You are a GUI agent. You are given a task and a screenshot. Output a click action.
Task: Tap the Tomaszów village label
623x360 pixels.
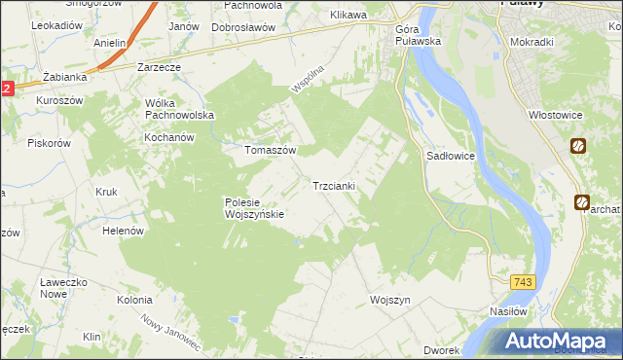[270, 151]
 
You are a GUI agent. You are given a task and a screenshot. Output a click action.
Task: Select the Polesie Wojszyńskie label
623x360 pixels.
[253, 208]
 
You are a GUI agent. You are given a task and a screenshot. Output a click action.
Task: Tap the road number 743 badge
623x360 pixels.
[523, 281]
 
